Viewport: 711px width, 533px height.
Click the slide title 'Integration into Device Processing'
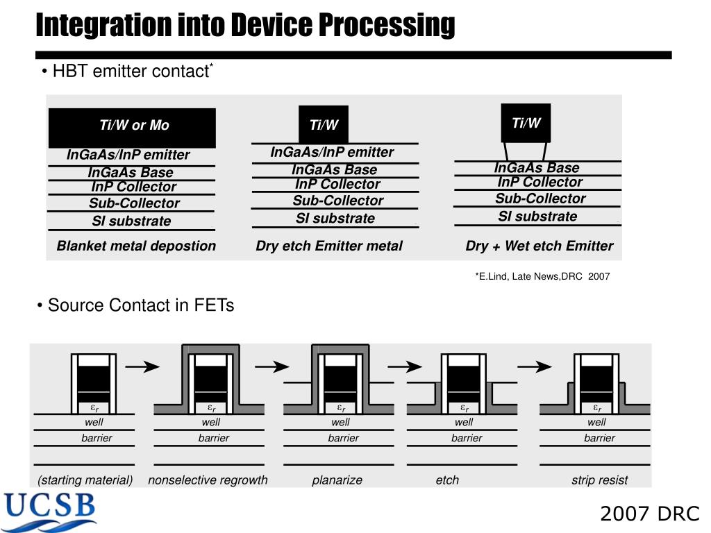tap(245, 25)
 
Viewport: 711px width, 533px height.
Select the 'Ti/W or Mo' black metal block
tap(132, 127)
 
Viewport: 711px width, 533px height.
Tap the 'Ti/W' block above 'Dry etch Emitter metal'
tap(324, 125)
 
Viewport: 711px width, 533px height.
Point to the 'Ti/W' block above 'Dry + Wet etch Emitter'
tap(526, 124)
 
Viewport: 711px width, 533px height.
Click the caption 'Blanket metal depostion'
tap(136, 246)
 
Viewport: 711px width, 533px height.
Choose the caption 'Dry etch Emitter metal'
tap(329, 246)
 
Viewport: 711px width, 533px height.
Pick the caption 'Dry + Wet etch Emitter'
tap(539, 246)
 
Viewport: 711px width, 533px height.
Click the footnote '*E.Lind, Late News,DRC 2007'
tap(542, 276)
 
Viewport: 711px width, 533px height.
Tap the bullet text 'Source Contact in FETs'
tap(141, 305)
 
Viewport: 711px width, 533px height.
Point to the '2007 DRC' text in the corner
tap(650, 514)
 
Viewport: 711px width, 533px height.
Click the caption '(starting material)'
tap(85, 480)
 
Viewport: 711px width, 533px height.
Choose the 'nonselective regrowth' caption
tap(208, 480)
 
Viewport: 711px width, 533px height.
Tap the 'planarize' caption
tap(337, 480)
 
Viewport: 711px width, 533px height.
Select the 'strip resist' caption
tap(599, 480)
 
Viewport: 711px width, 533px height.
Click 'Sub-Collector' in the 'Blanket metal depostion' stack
tap(134, 203)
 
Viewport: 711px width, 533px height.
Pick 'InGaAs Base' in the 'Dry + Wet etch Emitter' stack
tap(537, 168)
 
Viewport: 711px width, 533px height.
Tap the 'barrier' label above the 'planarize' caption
tap(344, 438)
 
